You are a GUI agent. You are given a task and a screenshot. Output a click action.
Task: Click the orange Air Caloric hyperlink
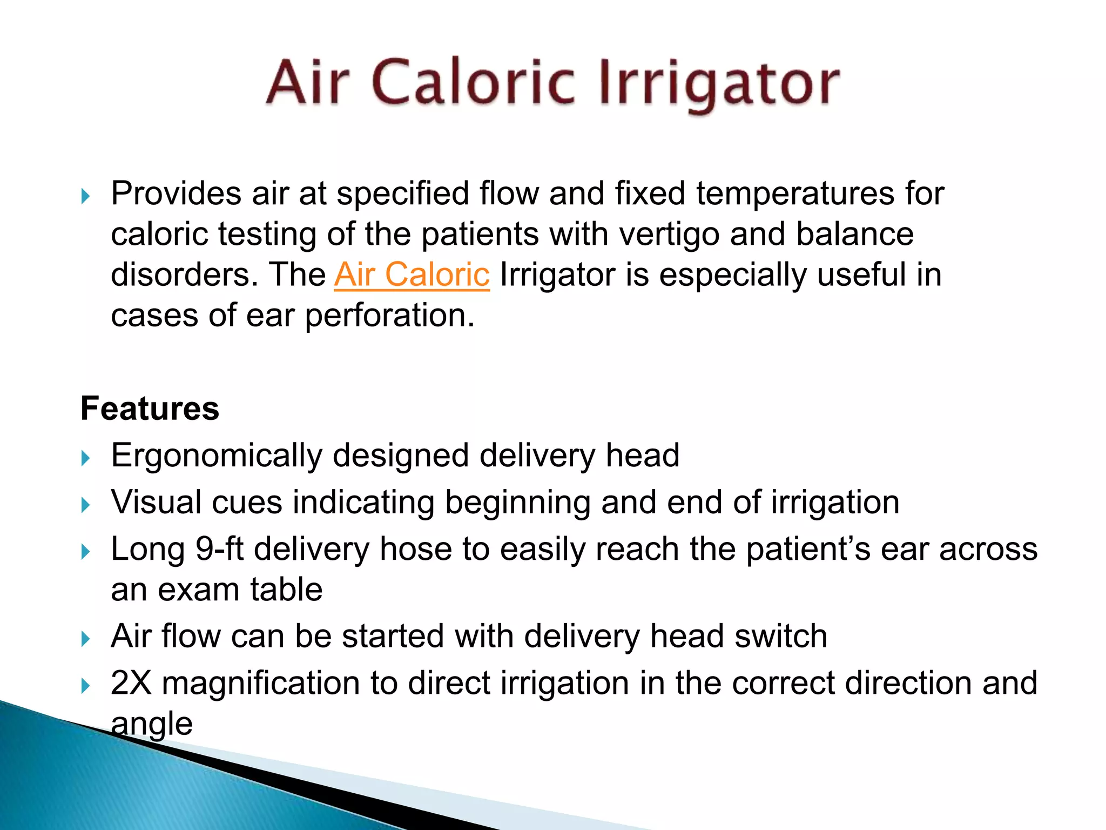pyautogui.click(x=412, y=275)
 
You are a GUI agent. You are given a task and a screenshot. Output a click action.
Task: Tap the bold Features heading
pyautogui.click(x=150, y=408)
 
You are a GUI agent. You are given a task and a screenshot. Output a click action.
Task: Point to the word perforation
pyautogui.click(x=389, y=316)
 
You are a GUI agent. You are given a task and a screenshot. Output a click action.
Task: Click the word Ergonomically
pyautogui.click(x=217, y=456)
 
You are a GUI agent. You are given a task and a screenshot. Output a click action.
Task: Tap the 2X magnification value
pyautogui.click(x=131, y=682)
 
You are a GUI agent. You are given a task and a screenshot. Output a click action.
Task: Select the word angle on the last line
pyautogui.click(x=152, y=724)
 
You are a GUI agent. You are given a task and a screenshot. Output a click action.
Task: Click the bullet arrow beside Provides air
pyautogui.click(x=85, y=196)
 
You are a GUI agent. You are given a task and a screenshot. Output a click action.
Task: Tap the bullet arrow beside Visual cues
pyautogui.click(x=85, y=505)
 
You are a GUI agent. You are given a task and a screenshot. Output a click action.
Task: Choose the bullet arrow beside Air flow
pyautogui.click(x=85, y=639)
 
